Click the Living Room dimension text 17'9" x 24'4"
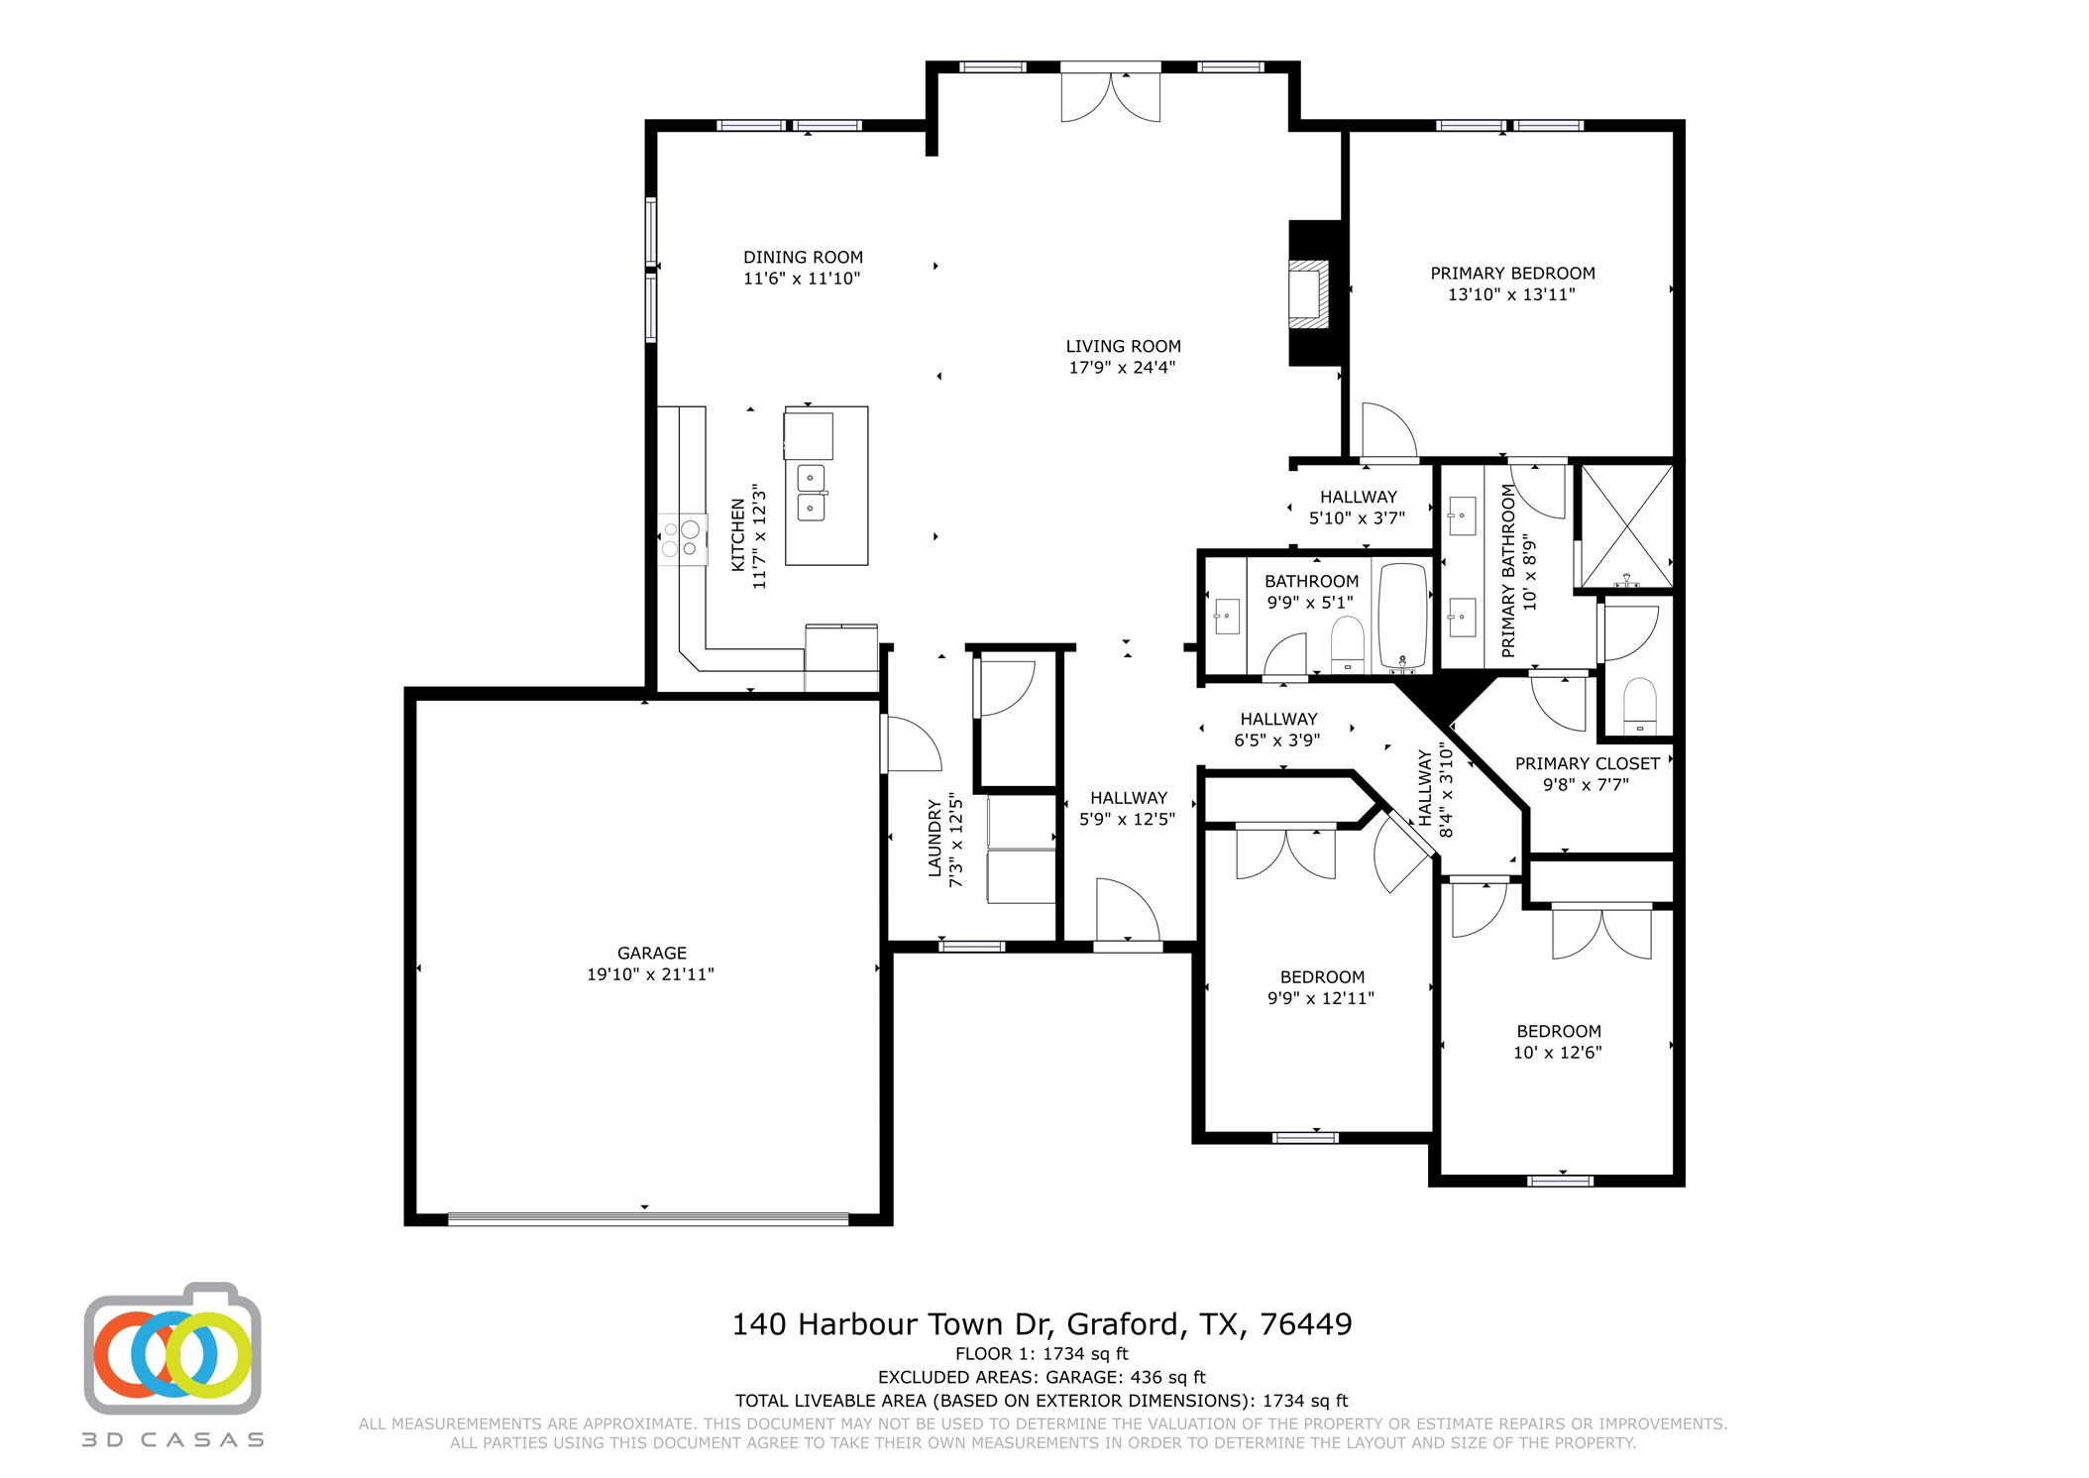[1122, 368]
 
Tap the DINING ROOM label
[803, 257]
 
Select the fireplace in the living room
[1310, 293]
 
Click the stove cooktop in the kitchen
[682, 538]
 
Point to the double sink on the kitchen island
[812, 493]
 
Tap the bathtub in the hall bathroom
[1401, 615]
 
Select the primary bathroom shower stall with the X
[1625, 525]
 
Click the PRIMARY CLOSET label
[1587, 763]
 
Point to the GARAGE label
[651, 953]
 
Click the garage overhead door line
[648, 1218]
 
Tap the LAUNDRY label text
[935, 838]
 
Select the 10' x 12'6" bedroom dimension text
[1557, 1053]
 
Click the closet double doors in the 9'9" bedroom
[1285, 853]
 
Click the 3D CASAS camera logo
[172, 1350]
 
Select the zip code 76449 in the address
[1305, 1324]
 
